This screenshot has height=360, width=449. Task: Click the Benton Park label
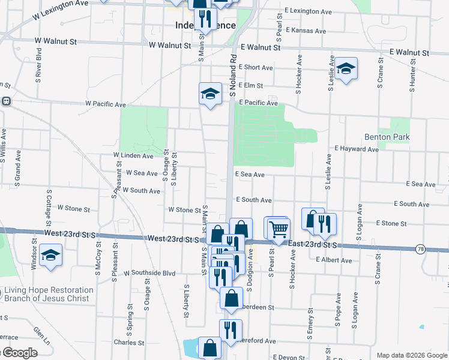click(387, 137)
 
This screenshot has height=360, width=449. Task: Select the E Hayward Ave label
click(357, 148)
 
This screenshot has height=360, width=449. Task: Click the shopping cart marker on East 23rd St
click(279, 229)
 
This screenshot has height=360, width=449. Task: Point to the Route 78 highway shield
click(420, 249)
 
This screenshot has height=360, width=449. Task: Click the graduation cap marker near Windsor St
click(51, 255)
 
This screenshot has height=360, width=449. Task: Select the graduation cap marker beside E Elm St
click(210, 94)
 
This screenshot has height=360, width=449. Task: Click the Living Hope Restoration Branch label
click(49, 294)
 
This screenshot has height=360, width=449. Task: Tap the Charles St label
click(128, 343)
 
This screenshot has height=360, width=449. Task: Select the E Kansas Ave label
click(306, 31)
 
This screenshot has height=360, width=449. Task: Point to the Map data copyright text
click(411, 355)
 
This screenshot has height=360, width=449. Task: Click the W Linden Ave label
click(133, 155)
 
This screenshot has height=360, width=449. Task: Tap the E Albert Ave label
click(334, 260)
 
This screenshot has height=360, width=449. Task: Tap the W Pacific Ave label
click(105, 104)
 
